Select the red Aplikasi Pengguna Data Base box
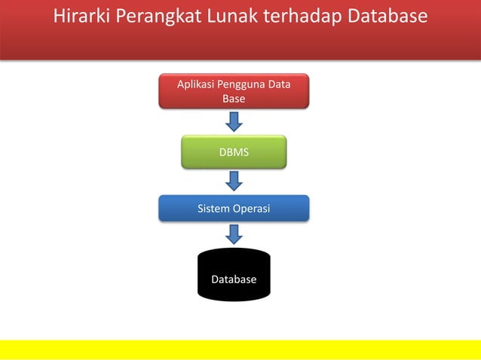[234, 91]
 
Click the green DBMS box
[234, 151]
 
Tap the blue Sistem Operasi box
[234, 209]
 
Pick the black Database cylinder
[234, 275]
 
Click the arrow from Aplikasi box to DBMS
[234, 121]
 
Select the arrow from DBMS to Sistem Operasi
[234, 181]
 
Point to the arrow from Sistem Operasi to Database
[234, 234]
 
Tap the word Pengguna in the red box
[243, 84]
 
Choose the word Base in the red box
[234, 99]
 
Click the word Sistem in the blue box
[213, 209]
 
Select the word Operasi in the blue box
[251, 209]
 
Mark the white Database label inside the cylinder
[234, 279]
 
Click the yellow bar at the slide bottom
[240, 349]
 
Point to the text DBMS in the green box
[234, 152]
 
